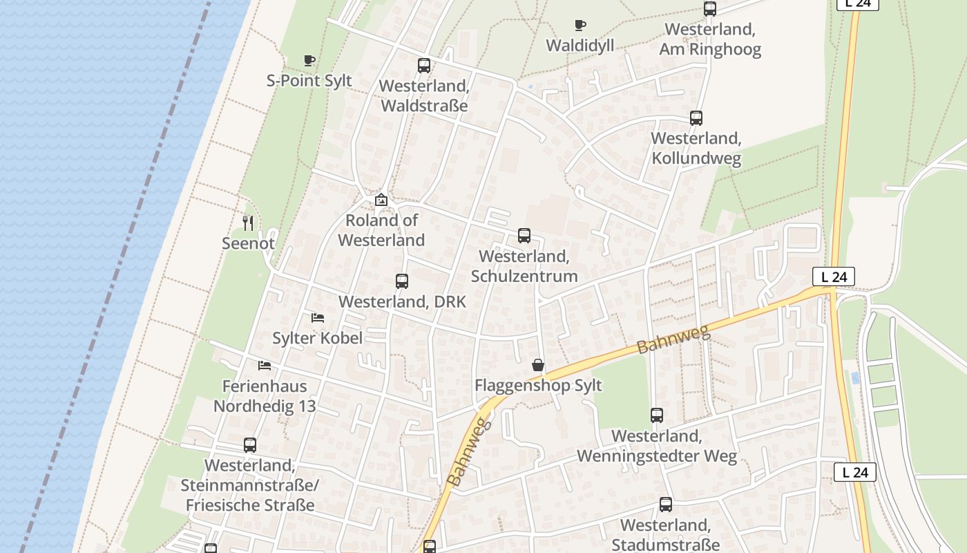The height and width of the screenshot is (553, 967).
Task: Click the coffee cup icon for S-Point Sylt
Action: click(x=309, y=60)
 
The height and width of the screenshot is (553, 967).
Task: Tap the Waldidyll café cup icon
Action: click(x=580, y=26)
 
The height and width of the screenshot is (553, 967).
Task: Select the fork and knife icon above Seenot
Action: click(x=249, y=223)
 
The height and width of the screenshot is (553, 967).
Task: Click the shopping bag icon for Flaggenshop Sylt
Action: click(x=538, y=365)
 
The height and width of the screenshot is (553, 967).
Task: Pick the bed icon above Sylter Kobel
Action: click(x=318, y=318)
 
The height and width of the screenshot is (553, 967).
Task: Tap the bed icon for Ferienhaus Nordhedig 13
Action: click(x=265, y=365)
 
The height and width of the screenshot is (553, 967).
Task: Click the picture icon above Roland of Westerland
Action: click(x=381, y=200)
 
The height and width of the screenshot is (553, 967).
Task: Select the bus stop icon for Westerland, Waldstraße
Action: click(x=424, y=66)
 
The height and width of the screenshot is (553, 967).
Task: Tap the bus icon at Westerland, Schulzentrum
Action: click(x=524, y=236)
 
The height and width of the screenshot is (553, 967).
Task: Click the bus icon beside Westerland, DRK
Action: click(x=402, y=281)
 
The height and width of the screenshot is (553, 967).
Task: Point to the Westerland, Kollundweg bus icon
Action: click(x=696, y=118)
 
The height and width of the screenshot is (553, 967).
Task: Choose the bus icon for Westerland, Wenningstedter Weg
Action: click(x=657, y=415)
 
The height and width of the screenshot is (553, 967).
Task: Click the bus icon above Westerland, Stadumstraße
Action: click(x=666, y=505)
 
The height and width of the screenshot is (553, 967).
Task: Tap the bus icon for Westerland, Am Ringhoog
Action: click(x=710, y=9)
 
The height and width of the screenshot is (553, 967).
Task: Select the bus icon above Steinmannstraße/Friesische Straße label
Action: click(x=250, y=445)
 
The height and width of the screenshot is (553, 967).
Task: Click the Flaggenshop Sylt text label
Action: click(x=538, y=385)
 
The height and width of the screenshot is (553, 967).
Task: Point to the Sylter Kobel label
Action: click(x=317, y=338)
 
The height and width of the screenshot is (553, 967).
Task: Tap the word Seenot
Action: click(x=248, y=243)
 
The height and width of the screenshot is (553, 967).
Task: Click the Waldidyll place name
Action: click(x=580, y=46)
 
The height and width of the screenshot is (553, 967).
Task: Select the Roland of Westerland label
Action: click(x=381, y=230)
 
